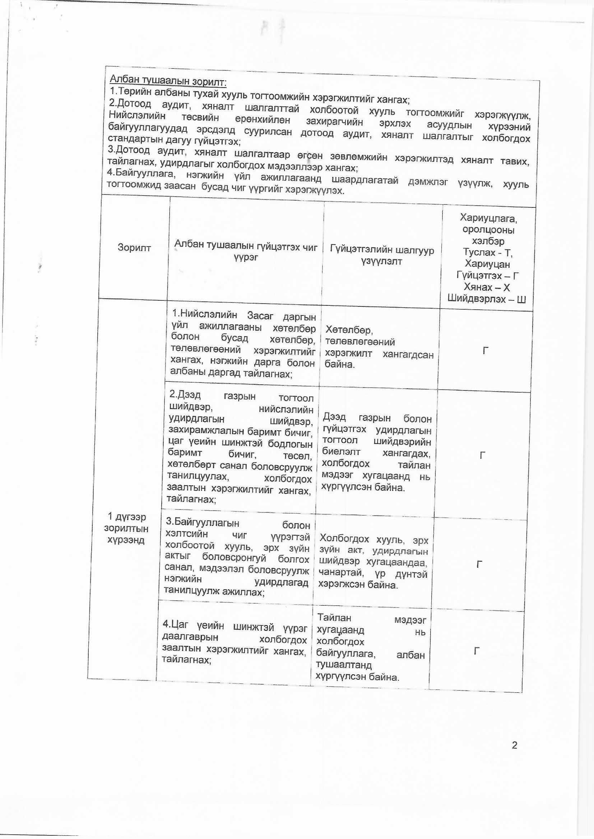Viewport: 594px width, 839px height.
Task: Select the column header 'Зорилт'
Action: click(x=134, y=248)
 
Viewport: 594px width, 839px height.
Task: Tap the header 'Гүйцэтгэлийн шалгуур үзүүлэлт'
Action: click(x=382, y=256)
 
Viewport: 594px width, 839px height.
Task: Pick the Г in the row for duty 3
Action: click(x=479, y=564)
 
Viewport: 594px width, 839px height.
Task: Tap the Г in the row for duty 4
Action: click(x=477, y=651)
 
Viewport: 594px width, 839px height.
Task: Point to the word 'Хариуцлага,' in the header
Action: click(x=488, y=219)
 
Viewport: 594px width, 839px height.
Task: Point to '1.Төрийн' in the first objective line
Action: click(x=131, y=91)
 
